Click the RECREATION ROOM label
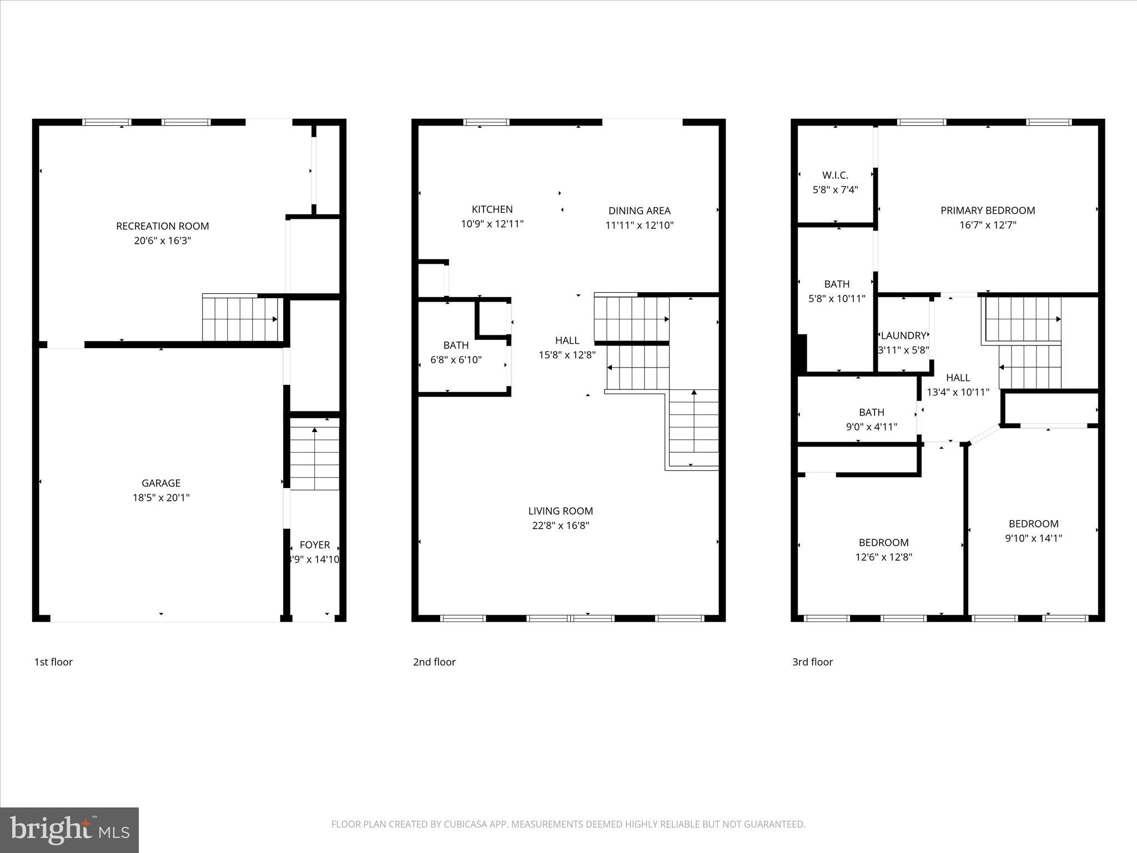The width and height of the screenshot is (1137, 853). click(162, 226)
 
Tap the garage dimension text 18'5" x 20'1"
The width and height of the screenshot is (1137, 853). click(161, 498)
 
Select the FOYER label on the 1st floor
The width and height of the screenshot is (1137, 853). click(315, 545)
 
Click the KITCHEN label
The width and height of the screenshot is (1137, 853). click(492, 209)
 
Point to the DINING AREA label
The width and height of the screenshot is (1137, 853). click(639, 210)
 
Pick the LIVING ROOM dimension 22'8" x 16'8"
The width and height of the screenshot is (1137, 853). click(560, 525)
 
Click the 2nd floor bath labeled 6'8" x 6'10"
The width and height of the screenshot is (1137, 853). click(456, 352)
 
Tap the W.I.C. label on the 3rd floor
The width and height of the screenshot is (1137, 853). click(835, 175)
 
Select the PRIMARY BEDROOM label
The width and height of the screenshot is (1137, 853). click(987, 210)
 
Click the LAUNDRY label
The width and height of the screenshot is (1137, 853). click(903, 335)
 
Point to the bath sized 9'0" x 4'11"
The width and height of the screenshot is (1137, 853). click(871, 419)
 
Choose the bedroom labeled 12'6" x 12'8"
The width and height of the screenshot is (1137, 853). click(883, 550)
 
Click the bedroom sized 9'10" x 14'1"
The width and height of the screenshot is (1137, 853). click(1033, 531)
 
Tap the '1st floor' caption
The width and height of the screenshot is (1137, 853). click(53, 662)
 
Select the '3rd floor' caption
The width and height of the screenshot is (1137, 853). click(812, 662)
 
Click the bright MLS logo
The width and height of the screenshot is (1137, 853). click(69, 830)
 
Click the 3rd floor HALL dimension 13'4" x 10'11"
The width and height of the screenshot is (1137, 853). click(958, 392)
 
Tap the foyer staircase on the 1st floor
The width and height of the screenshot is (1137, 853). click(315, 454)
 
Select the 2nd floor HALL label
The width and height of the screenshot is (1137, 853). click(567, 340)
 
